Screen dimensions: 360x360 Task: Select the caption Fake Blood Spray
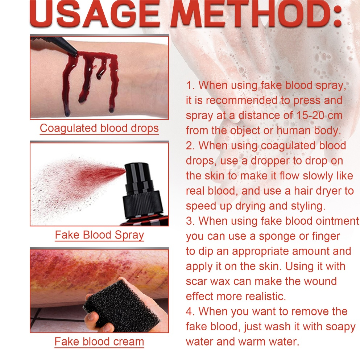point(99,235)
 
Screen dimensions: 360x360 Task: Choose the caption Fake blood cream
point(99,342)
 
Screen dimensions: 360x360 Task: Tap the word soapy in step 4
point(342,327)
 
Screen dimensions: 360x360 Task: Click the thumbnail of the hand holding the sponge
point(99,290)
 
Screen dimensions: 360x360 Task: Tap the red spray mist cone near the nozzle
point(101,174)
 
